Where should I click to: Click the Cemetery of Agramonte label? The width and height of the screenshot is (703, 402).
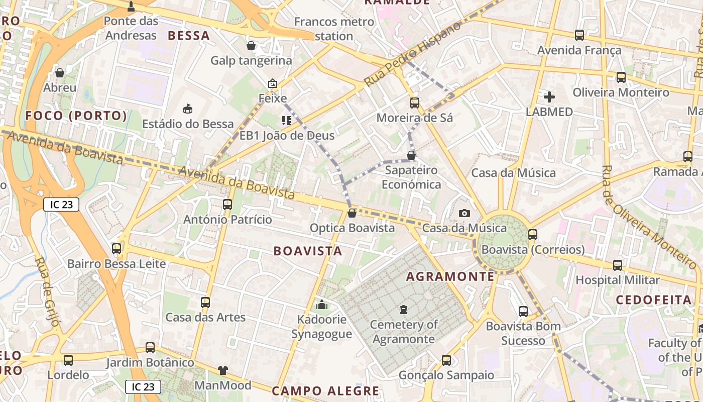(403, 332)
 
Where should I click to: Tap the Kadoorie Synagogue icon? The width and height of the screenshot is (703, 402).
(322, 305)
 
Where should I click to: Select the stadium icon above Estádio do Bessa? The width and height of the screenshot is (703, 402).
(188, 109)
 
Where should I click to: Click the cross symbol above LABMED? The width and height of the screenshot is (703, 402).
(549, 96)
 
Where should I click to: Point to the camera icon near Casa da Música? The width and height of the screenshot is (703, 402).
(464, 213)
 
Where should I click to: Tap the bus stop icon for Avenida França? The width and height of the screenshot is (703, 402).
(579, 35)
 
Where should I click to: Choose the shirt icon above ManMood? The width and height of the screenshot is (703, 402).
(223, 370)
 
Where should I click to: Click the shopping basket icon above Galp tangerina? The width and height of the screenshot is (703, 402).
(251, 46)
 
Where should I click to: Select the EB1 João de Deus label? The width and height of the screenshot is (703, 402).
(287, 136)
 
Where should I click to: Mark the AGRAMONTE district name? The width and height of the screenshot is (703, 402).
(450, 277)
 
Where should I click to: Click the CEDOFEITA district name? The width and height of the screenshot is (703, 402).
(654, 300)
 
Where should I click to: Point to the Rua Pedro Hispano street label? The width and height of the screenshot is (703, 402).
(412, 54)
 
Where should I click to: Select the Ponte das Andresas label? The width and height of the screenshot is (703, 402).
(131, 28)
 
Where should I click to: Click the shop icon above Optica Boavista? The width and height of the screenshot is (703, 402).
(352, 213)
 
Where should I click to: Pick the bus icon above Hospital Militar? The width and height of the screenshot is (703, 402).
(618, 265)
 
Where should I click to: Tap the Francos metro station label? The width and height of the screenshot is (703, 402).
(334, 29)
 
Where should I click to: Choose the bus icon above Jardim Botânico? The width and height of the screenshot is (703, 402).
(150, 348)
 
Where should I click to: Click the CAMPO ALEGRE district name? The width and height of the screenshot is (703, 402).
(325, 391)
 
